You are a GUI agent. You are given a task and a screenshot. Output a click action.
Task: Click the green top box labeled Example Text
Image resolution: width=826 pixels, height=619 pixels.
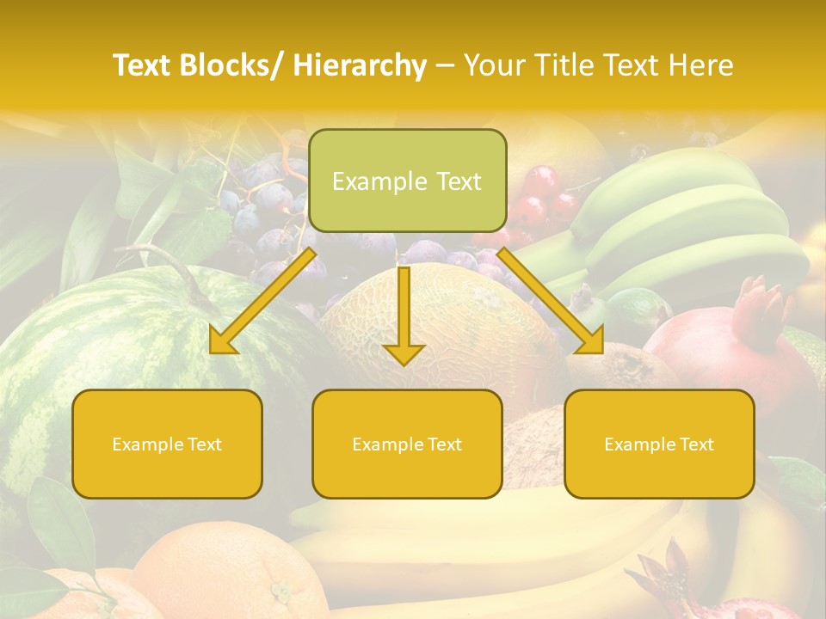coord(407,181)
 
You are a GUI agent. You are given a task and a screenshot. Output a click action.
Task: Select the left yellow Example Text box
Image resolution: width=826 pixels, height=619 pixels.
coord(167,444)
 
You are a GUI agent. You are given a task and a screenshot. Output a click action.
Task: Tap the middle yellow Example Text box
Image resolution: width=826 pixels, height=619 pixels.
coord(407,444)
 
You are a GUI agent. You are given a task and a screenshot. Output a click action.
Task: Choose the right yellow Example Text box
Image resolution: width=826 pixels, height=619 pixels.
coord(659,444)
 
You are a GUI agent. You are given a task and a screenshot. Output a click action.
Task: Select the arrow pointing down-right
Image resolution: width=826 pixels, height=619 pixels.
coord(552,302)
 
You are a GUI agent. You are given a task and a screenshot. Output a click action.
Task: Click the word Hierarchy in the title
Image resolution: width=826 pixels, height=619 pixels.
coord(360,65)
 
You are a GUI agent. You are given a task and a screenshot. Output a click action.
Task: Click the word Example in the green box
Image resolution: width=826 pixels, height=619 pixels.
coord(367,181)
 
